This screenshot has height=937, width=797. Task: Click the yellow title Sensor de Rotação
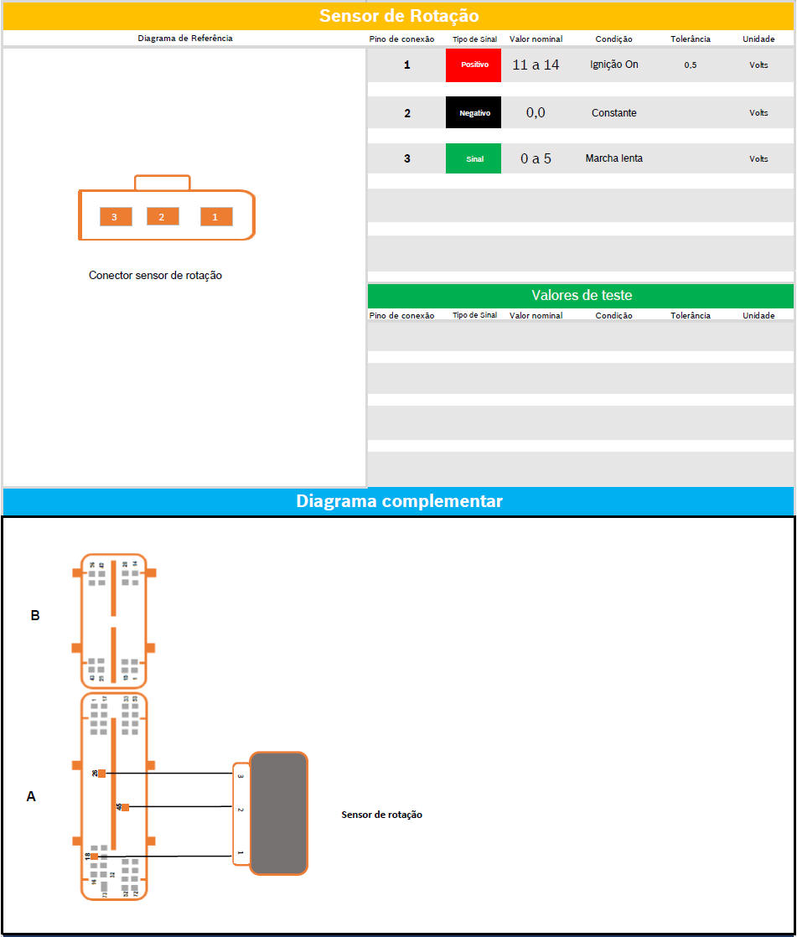(x=398, y=16)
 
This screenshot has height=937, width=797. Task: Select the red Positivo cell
(x=474, y=65)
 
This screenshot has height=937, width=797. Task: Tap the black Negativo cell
(x=474, y=113)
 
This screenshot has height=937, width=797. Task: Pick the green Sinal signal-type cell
(x=474, y=158)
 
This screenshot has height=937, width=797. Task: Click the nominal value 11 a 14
(x=536, y=65)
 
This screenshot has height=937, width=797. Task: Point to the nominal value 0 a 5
(x=536, y=158)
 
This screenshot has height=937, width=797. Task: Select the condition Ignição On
(x=613, y=65)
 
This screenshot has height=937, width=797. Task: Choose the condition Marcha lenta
(x=613, y=158)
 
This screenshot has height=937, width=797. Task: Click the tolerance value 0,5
(x=690, y=65)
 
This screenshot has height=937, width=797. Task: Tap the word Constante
(x=613, y=113)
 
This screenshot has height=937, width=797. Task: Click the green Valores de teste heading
(x=581, y=296)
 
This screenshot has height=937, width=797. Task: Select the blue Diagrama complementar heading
(x=399, y=501)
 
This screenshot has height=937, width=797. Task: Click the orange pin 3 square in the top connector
(x=115, y=217)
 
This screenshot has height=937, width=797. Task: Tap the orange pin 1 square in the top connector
(x=215, y=217)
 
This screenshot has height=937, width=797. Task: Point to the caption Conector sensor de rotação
(x=155, y=275)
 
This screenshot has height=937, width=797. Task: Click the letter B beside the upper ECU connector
(x=35, y=615)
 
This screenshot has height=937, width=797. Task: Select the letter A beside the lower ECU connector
(x=31, y=796)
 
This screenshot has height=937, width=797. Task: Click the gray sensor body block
(x=278, y=813)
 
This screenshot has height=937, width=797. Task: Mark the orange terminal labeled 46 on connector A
(x=125, y=808)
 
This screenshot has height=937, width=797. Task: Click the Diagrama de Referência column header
(x=184, y=39)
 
